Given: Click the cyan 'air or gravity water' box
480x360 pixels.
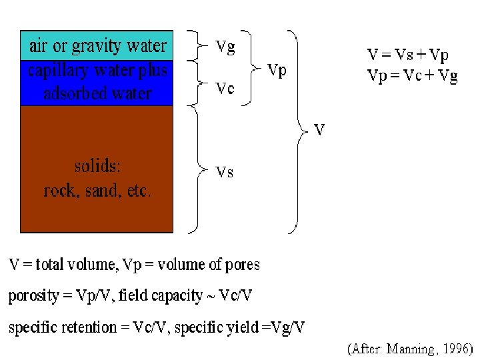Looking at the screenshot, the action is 97,45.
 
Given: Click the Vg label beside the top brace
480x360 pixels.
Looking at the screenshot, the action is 225,47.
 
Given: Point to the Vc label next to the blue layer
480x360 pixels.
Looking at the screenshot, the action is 225,89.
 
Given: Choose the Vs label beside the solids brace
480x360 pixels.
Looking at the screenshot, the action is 225,172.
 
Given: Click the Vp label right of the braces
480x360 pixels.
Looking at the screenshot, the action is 277,69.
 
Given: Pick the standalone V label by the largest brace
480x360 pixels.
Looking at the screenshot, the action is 319,130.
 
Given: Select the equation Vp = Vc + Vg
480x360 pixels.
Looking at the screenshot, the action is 413,75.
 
